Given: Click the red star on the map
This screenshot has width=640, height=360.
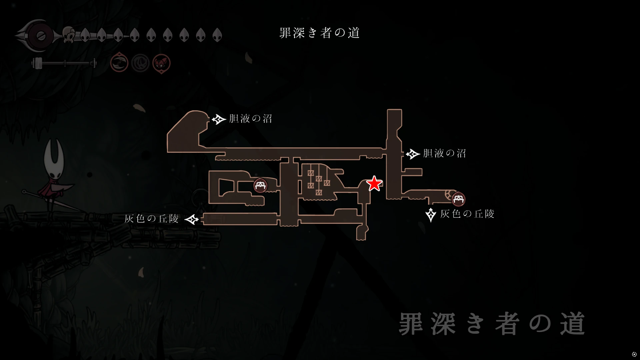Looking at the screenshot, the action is point(374,184).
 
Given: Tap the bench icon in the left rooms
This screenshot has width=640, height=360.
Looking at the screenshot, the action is point(260,186).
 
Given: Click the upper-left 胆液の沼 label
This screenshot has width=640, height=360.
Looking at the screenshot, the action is point(250,119).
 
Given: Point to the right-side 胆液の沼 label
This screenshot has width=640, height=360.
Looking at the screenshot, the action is point(444,153).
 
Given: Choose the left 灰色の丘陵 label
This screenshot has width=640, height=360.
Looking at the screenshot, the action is point(151,219).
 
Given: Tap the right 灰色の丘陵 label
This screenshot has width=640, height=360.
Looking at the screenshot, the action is point(467,214).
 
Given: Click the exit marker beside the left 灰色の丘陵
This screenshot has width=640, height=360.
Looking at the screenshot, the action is point(192,219).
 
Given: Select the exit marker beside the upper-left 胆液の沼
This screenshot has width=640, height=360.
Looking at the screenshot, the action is point(219,119).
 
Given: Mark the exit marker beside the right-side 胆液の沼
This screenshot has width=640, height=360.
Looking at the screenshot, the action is point(413,154).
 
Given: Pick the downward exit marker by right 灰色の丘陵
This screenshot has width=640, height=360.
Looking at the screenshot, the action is point(431,215).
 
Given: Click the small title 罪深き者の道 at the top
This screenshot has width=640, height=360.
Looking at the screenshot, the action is point(319,33).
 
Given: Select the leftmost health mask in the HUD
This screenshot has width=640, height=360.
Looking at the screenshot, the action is point(85,34).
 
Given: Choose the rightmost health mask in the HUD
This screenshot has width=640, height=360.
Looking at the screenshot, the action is point(217,34).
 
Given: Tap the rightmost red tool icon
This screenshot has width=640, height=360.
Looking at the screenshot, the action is point(161,63).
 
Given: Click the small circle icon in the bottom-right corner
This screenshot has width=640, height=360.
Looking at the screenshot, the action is point(634,354).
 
